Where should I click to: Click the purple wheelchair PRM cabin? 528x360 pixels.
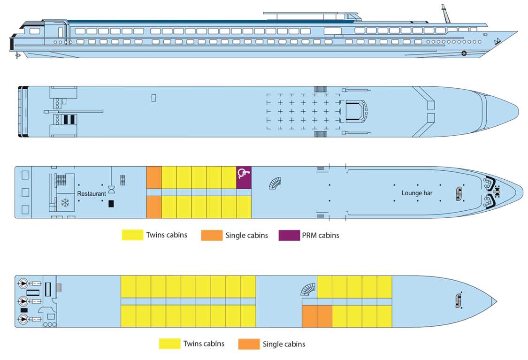pyautogui.click(x=244, y=177)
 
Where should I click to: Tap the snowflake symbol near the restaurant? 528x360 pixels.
pyautogui.click(x=65, y=203)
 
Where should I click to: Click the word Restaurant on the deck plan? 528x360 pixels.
pyautogui.click(x=92, y=193)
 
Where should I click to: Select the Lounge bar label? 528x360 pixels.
pyautogui.click(x=417, y=193)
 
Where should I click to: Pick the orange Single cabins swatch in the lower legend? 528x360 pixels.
pyautogui.click(x=249, y=344)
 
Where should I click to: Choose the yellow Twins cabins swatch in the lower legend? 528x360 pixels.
pyautogui.click(x=169, y=344)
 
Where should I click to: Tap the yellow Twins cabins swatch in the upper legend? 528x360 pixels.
pyautogui.click(x=132, y=235)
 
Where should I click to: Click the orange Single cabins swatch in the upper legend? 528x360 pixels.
pyautogui.click(x=212, y=235)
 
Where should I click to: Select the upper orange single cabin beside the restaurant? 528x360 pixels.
pyautogui.click(x=154, y=177)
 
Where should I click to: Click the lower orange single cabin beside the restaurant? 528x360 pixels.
pyautogui.click(x=154, y=207)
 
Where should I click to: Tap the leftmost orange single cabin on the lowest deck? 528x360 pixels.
pyautogui.click(x=309, y=316)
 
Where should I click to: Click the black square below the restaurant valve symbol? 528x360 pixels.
pyautogui.click(x=111, y=204)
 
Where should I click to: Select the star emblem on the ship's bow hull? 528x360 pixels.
pyautogui.click(x=464, y=53)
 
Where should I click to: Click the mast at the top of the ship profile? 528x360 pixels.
pyautogui.click(x=444, y=14)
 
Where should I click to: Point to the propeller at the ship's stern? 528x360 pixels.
pyautogui.click(x=18, y=55)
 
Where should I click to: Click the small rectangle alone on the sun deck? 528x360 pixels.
pyautogui.click(x=153, y=98)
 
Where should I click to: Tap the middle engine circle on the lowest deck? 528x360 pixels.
pyautogui.click(x=23, y=301)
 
